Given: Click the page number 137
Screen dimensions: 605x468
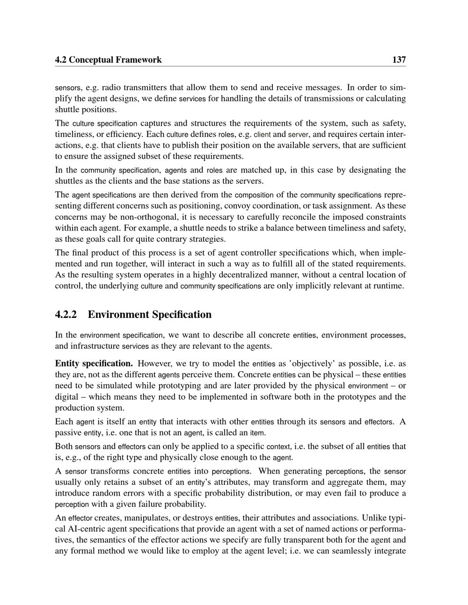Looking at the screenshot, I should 399,59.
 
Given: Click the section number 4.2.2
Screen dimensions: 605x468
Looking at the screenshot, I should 66,314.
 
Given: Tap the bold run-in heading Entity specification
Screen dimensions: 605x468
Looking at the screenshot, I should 94,363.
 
